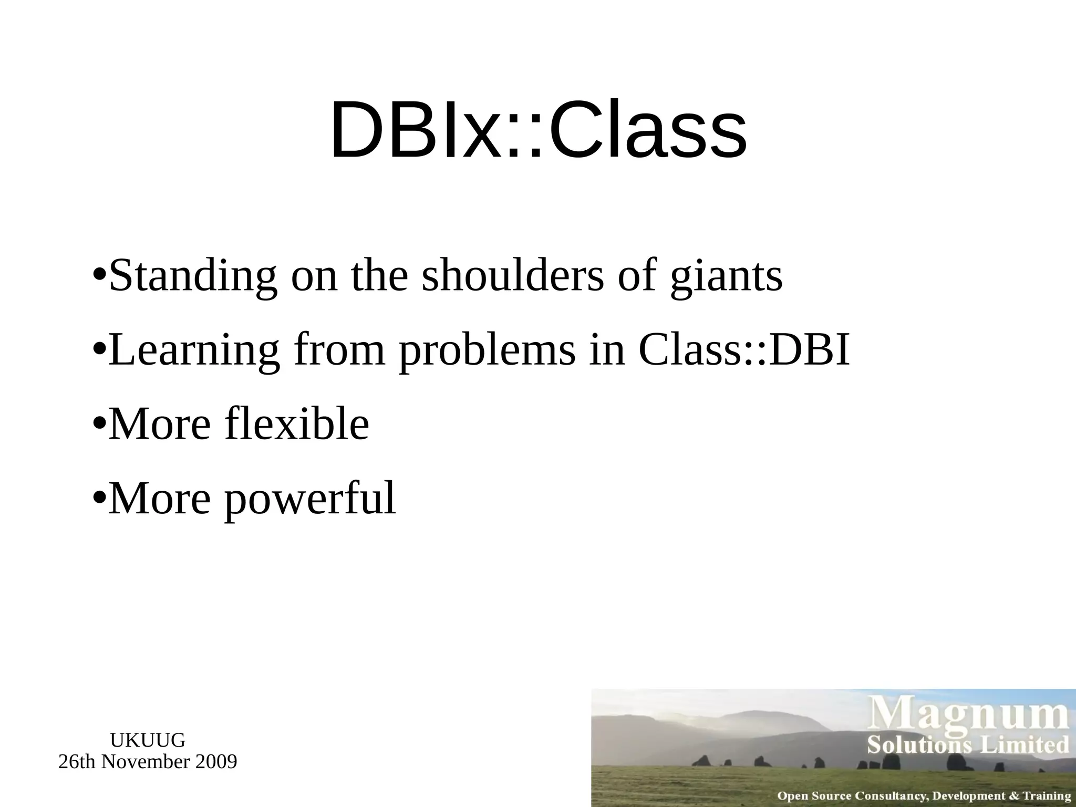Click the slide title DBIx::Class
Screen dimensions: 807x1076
click(x=538, y=130)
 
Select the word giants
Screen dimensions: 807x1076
click(x=727, y=277)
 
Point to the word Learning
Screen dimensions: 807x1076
click(x=194, y=350)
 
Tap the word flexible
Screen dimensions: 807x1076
click(x=297, y=424)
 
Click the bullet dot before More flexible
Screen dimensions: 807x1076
click(x=98, y=424)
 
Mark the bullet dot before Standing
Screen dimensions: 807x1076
click(x=98, y=276)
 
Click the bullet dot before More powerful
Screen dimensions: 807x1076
click(x=98, y=498)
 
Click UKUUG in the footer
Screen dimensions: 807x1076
click(x=148, y=740)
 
